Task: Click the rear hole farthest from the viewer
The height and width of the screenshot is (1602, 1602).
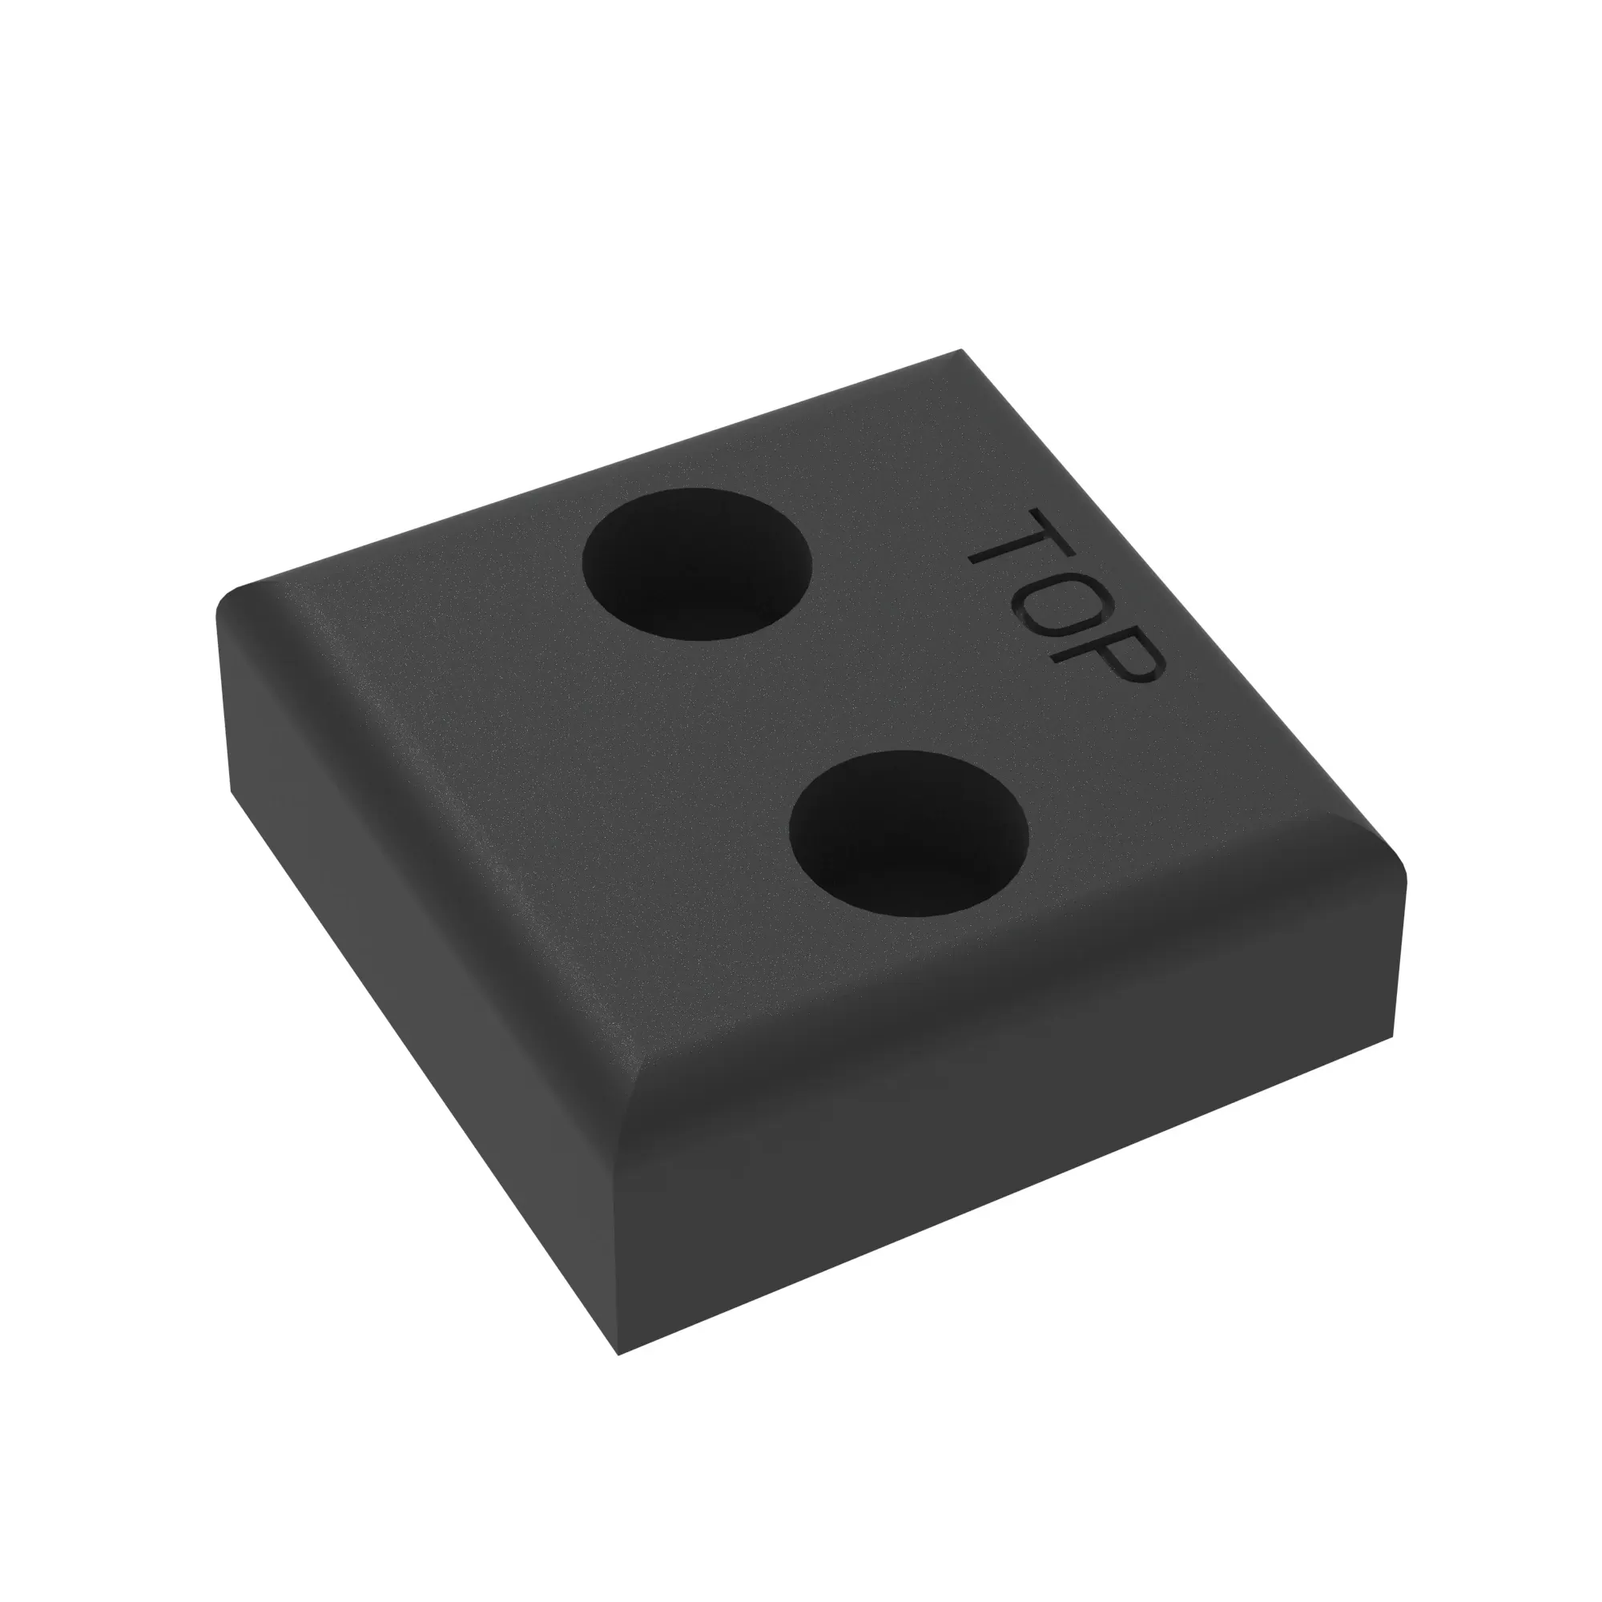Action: pyautogui.click(x=697, y=564)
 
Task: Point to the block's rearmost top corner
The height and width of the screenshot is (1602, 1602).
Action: pyautogui.click(x=962, y=350)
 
